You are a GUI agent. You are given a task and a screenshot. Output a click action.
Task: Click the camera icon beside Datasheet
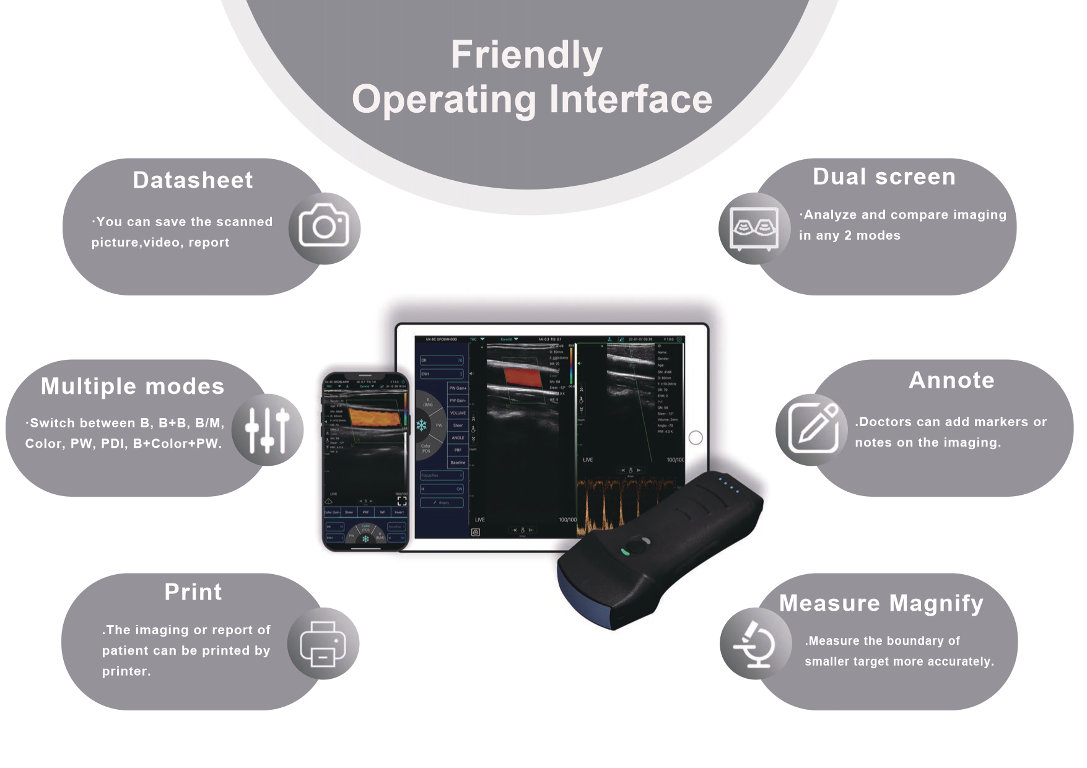tap(324, 227)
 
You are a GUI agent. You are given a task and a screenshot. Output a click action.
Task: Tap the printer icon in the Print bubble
tap(323, 644)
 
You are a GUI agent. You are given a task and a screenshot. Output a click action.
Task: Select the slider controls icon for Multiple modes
tap(267, 430)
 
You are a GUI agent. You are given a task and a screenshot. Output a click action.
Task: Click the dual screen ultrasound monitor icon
tap(754, 228)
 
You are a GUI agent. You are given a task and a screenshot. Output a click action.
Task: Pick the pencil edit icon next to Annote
tap(813, 429)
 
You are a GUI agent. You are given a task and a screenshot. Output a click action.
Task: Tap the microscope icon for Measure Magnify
tap(755, 644)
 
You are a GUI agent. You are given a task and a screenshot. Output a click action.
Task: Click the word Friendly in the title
tap(526, 55)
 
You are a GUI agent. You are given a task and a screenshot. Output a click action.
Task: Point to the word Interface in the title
tap(631, 100)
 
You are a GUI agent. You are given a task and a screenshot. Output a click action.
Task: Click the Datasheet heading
tap(193, 180)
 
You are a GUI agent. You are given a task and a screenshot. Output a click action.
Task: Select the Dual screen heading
tap(884, 177)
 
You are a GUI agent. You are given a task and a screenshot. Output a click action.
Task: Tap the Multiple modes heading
tap(133, 386)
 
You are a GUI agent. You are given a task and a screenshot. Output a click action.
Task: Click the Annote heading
tap(951, 380)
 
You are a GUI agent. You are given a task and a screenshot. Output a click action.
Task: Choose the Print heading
tap(193, 592)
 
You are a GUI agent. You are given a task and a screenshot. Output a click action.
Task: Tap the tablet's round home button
tap(696, 438)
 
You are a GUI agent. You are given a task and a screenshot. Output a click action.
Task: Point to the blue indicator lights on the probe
tap(728, 484)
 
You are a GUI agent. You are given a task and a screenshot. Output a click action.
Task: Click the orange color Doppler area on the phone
tap(374, 417)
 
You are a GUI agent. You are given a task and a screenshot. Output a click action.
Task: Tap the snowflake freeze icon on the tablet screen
tap(421, 425)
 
